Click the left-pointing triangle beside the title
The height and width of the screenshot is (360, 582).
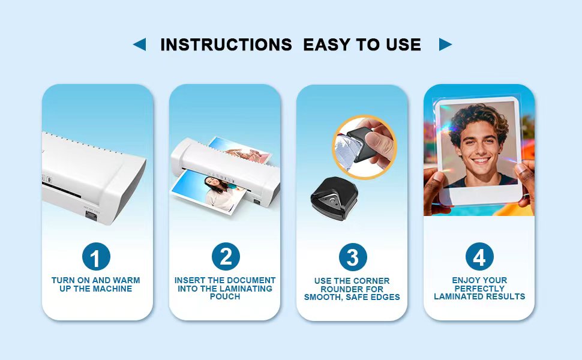click(140, 44)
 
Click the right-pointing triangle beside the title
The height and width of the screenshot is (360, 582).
click(445, 44)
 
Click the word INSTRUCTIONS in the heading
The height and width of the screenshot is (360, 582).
click(226, 44)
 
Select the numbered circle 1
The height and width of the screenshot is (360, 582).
click(96, 258)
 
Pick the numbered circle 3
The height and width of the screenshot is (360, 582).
click(353, 257)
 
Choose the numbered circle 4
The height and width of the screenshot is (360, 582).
click(479, 257)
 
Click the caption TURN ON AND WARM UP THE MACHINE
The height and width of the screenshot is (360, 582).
click(96, 284)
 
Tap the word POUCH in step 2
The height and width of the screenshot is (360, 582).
click(225, 296)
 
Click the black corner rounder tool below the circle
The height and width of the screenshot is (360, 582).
click(328, 197)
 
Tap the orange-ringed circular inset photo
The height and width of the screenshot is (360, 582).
click(364, 147)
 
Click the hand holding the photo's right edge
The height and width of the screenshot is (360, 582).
click(523, 180)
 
